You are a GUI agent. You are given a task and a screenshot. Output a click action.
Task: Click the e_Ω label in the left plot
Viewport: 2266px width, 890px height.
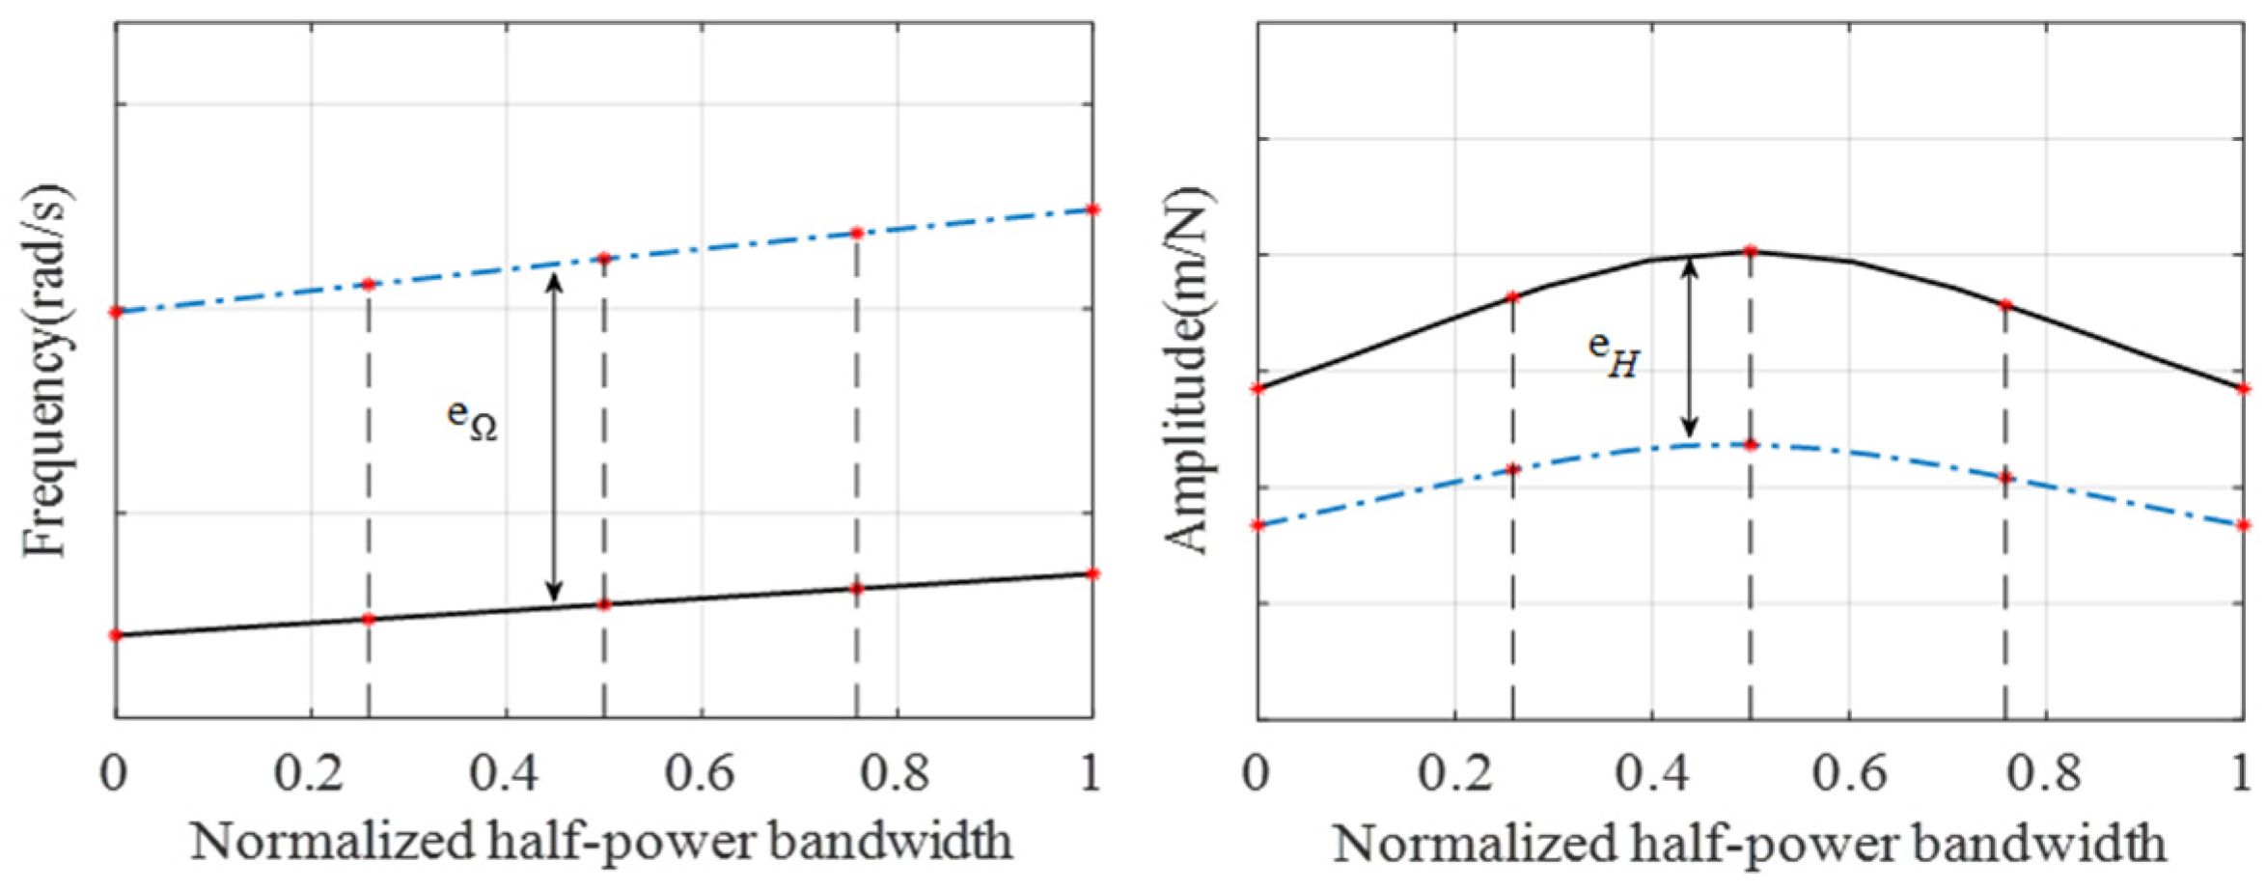click(x=472, y=419)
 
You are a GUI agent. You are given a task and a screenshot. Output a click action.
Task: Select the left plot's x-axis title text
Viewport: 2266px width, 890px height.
click(x=601, y=842)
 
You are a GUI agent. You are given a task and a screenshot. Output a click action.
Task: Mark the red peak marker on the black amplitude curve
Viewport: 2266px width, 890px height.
click(x=1751, y=251)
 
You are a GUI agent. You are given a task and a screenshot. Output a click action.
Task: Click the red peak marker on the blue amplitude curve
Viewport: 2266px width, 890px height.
click(x=1751, y=445)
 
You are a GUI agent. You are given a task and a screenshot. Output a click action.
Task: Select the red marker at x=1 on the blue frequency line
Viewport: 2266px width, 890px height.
click(x=1092, y=209)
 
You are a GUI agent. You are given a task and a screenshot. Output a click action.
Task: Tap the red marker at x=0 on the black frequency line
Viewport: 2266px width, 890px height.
click(x=116, y=635)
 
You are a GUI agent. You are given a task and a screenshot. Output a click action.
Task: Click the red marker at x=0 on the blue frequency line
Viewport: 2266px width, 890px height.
click(x=116, y=312)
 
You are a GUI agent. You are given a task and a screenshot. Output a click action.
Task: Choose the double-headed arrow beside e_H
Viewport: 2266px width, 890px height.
click(x=1689, y=348)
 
